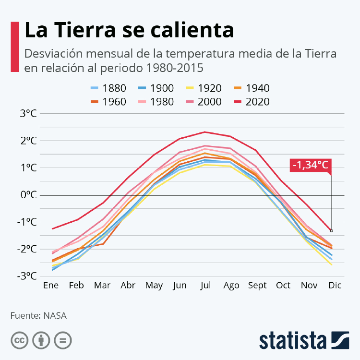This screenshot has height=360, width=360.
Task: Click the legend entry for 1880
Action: click(108, 88)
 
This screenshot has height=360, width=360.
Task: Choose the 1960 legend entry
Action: click(108, 102)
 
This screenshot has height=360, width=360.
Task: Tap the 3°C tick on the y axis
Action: click(28, 114)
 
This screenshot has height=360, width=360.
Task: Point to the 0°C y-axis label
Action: click(28, 195)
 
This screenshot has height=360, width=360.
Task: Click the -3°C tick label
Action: click(27, 276)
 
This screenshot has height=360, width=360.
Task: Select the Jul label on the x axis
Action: click(205, 286)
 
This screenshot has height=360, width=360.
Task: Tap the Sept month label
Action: click(257, 286)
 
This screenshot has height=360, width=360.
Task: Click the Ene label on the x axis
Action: click(50, 286)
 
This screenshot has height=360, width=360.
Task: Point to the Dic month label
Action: click(335, 286)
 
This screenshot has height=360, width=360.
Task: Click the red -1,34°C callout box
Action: click(311, 165)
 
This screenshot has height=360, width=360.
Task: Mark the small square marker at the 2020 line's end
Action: click(331, 231)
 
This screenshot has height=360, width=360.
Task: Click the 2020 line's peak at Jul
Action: click(205, 132)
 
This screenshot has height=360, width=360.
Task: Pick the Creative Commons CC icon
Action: click(19, 340)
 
